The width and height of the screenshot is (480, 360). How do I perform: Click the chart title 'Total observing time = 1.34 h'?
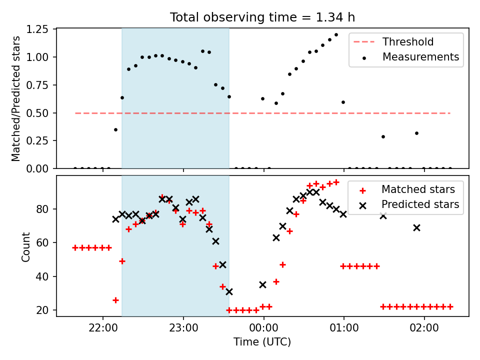tap(262, 17)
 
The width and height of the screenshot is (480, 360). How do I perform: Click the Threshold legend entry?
tap(393, 41)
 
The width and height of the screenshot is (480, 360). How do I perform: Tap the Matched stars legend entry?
tap(408, 189)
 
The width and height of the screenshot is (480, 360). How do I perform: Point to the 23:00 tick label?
tap(183, 328)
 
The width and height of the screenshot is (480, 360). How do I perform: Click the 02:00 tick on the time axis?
tap(424, 328)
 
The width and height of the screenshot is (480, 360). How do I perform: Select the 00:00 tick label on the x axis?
tap(263, 328)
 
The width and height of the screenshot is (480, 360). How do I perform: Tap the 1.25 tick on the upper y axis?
tap(37, 29)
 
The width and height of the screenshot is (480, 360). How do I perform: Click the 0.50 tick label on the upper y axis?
tap(37, 113)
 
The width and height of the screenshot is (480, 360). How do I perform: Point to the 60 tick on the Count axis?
tap(42, 243)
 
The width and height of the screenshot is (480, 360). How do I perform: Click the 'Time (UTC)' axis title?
tap(262, 342)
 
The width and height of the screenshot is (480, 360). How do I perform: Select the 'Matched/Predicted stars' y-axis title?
tap(16, 98)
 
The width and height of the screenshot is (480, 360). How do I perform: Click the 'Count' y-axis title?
tap(25, 247)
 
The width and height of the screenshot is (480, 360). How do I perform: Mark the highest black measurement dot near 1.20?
tap(336, 35)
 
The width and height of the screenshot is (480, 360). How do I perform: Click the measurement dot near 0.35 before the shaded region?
tap(115, 130)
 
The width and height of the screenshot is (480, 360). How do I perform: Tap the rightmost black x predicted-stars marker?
tap(416, 228)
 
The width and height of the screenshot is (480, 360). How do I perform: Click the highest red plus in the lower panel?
tap(336, 182)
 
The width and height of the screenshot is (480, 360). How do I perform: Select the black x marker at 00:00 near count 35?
tap(262, 285)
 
